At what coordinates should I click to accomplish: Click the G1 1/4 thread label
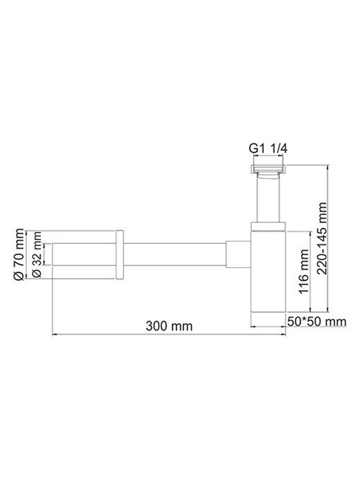pos(268,149)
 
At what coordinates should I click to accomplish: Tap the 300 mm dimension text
pos(169,326)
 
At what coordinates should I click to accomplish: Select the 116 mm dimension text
pos(304,271)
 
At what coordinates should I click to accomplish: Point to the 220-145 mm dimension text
pos(322,238)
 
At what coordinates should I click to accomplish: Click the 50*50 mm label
pos(317,322)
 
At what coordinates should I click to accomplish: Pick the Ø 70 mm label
pos(19,254)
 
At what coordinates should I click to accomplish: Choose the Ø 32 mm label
pos(37,254)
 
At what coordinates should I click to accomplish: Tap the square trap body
pos(268,271)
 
